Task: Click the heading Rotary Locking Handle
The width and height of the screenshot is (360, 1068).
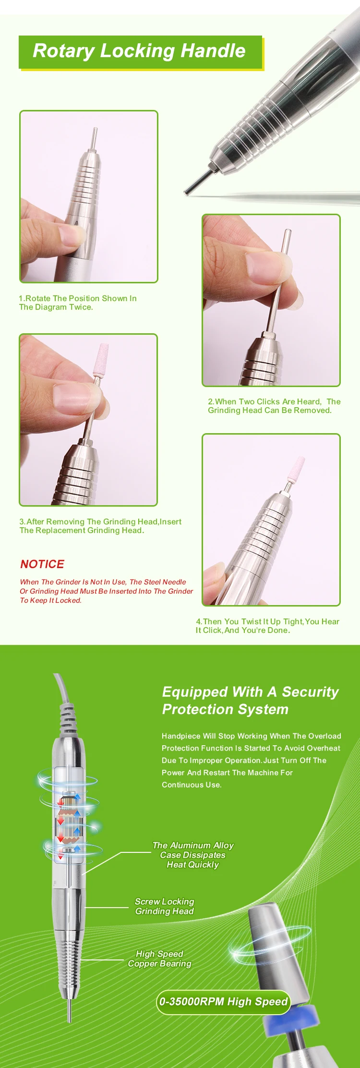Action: click(139, 51)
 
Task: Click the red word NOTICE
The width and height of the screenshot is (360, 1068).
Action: click(42, 564)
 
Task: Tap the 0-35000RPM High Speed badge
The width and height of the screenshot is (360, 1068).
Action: click(224, 1002)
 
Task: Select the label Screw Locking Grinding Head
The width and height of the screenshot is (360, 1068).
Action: click(165, 906)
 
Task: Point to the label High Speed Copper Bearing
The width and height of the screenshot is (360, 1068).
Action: click(159, 959)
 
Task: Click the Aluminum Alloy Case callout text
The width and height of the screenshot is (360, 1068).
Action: click(193, 855)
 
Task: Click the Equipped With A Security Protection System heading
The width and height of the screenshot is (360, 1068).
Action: click(250, 700)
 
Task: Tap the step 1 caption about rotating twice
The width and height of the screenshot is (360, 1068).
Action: click(78, 303)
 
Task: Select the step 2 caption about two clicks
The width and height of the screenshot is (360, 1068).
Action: click(274, 406)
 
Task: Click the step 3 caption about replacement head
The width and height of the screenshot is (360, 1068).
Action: click(100, 526)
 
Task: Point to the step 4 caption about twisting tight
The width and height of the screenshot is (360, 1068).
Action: click(267, 626)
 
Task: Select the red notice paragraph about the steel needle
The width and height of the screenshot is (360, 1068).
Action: click(106, 591)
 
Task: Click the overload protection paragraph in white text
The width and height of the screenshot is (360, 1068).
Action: click(251, 760)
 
